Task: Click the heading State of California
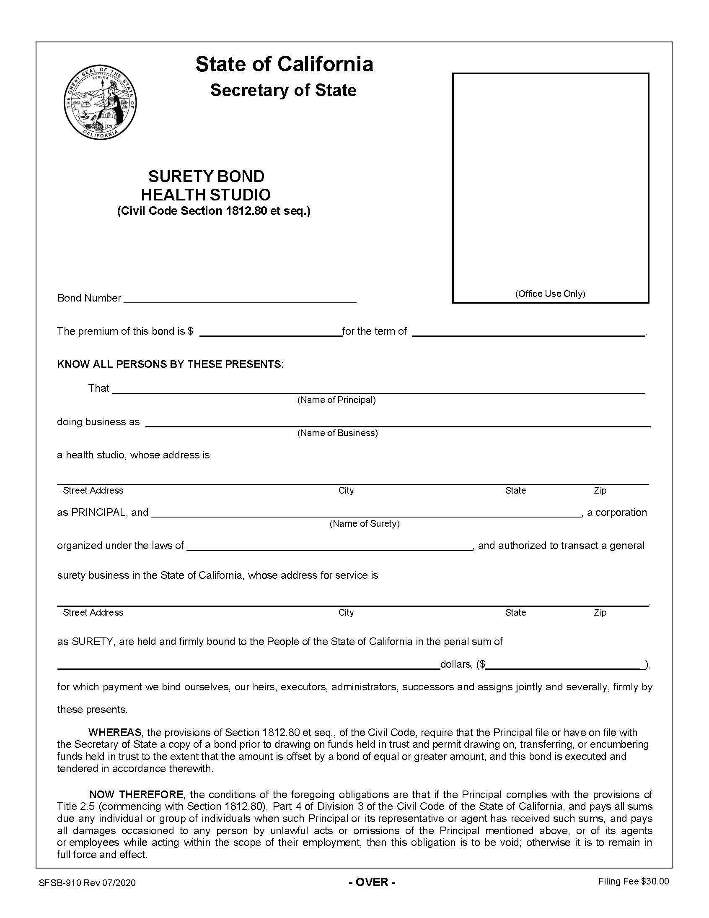tap(284, 64)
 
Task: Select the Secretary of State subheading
tap(283, 90)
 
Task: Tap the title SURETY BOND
tap(206, 176)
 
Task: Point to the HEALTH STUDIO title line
tap(206, 195)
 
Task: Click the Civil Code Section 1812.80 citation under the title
tap(213, 211)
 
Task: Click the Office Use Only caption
tap(550, 294)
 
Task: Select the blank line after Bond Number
tap(240, 299)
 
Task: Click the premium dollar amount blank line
tap(271, 333)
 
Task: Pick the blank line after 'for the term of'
tap(528, 333)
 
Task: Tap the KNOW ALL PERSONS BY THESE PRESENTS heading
tap(170, 364)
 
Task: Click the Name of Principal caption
tap(336, 400)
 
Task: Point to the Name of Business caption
tap(337, 433)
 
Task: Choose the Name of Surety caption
tap(364, 524)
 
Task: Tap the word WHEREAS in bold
tap(115, 733)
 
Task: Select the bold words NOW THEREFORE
tap(136, 795)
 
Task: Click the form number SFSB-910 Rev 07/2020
tap(87, 883)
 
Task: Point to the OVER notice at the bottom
tap(372, 882)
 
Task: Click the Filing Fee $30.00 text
tap(634, 882)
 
